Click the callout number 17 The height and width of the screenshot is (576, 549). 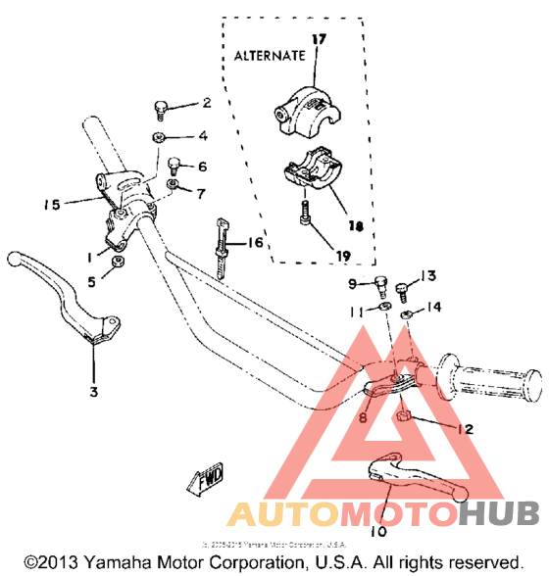coord(318,39)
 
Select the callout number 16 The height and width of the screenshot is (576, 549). coord(256,241)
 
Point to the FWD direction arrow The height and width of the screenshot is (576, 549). coord(203,483)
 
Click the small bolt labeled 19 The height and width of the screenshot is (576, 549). coord(306,212)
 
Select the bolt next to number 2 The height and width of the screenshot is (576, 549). coord(161,107)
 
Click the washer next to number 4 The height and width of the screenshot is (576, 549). coord(159,137)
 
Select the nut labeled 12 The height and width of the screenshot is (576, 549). coord(403,419)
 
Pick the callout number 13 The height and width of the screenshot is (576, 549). coord(426,275)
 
